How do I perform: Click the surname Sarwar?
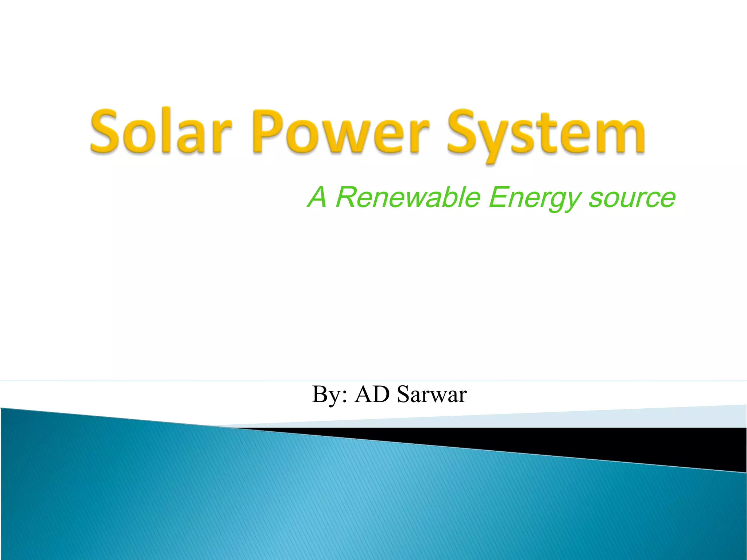431,394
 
